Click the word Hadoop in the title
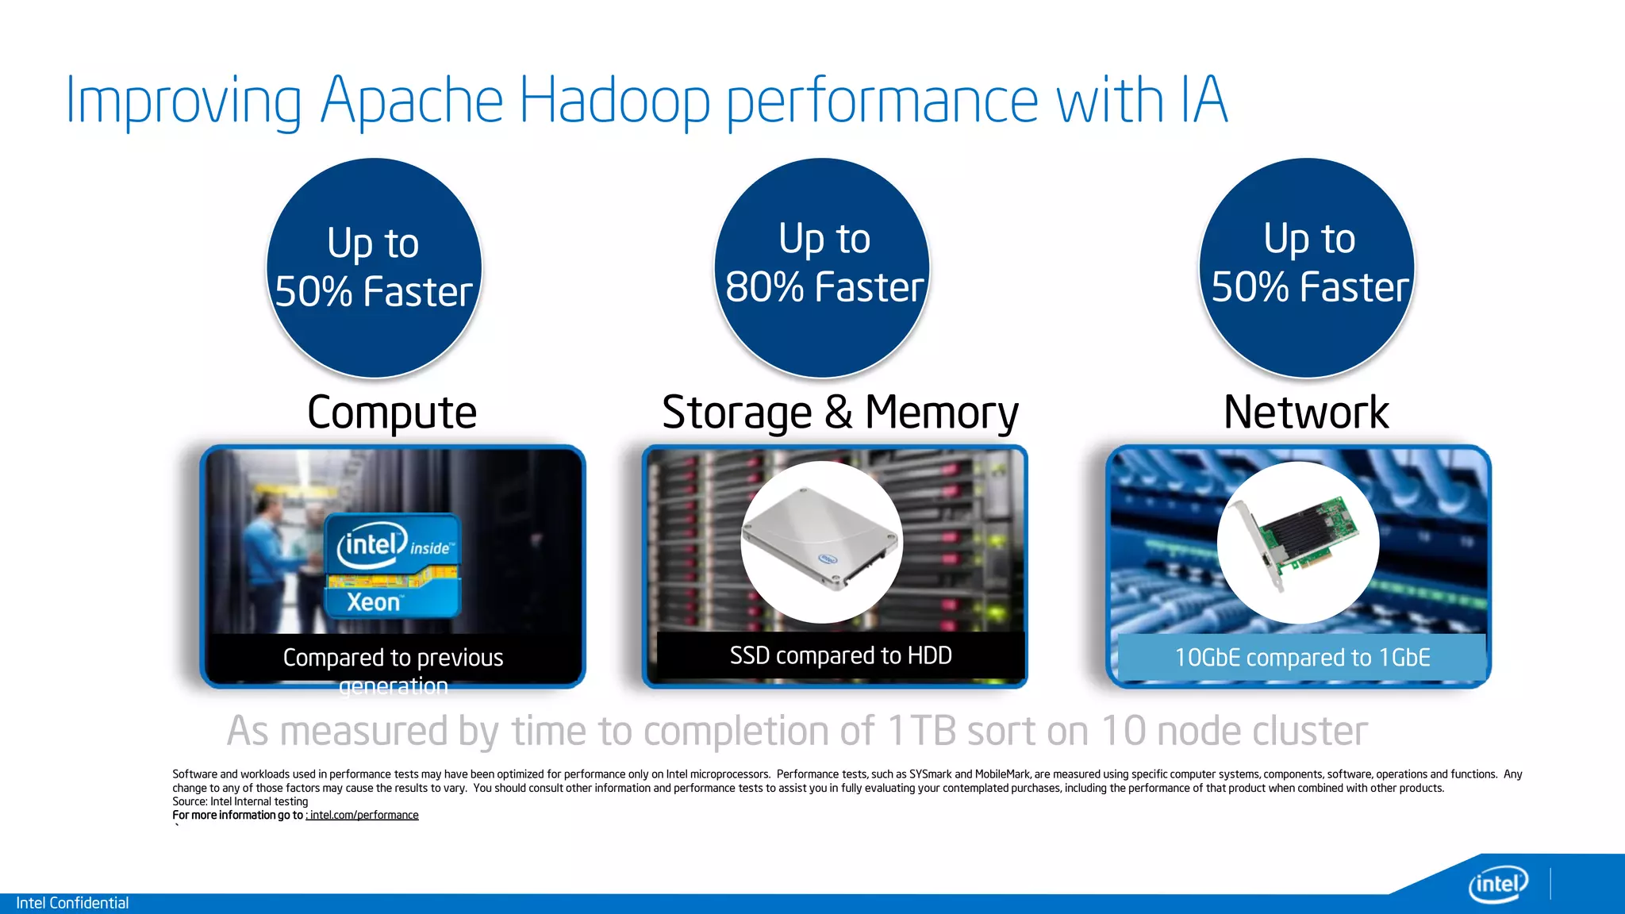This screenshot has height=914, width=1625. [614, 101]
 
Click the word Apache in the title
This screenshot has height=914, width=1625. [412, 101]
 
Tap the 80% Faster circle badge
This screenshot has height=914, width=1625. [823, 267]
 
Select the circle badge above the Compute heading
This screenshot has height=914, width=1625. [374, 268]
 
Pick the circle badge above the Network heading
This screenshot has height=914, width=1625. [1307, 267]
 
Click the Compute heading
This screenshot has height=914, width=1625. [392, 413]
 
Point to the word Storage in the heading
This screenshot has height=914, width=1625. [736, 413]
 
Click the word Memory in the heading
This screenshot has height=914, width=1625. [942, 413]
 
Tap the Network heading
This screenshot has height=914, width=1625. [1306, 413]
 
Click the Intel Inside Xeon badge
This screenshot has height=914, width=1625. [394, 566]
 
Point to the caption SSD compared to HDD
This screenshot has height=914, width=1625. [840, 655]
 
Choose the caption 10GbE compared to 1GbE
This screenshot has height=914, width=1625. [1302, 658]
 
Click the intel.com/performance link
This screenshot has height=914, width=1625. [363, 815]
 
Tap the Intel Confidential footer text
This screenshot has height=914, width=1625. [72, 903]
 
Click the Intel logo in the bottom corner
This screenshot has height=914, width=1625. [1498, 883]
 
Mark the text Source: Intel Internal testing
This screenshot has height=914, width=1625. [240, 801]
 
